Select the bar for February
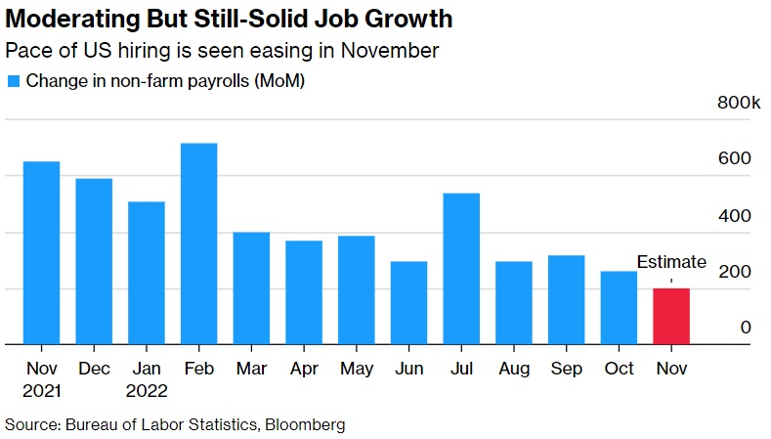click(198, 244)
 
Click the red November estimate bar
click(670, 316)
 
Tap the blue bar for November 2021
click(41, 252)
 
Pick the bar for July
click(461, 269)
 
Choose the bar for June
click(408, 303)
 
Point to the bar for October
click(619, 308)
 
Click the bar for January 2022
click(146, 273)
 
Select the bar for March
click(251, 288)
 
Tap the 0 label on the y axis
click(745, 328)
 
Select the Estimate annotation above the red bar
click(671, 261)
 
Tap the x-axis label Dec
click(94, 370)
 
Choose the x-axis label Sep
click(566, 370)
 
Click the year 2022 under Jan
click(146, 391)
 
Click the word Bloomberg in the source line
click(305, 424)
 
